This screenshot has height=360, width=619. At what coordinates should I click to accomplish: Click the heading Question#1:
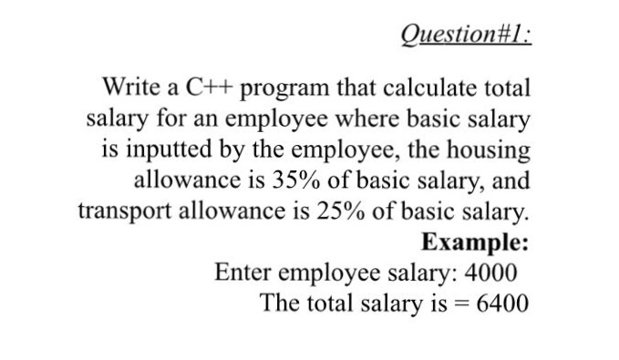tap(465, 36)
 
